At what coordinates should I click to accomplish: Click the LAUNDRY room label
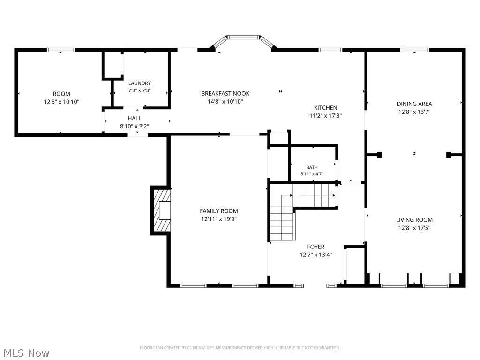tap(139, 83)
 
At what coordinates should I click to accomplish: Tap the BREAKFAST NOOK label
tap(225, 93)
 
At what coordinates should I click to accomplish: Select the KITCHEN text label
tap(325, 108)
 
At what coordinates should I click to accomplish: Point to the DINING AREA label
tap(414, 104)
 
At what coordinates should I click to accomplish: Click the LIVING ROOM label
tap(414, 220)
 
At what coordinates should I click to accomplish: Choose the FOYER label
tap(315, 247)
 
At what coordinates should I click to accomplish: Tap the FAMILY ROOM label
tap(218, 211)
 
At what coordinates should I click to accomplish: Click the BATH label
tap(312, 167)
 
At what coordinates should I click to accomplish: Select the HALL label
tap(135, 118)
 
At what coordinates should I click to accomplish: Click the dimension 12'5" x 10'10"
tap(61, 102)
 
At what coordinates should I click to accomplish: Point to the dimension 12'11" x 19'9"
tap(218, 219)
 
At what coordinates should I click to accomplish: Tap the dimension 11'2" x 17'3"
tap(325, 116)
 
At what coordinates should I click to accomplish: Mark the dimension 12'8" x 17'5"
tap(414, 228)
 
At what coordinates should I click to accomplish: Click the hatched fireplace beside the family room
tap(161, 210)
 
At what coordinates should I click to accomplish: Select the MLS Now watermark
tap(27, 353)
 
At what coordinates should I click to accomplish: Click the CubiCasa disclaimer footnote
tap(240, 348)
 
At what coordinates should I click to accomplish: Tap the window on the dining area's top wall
tap(414, 50)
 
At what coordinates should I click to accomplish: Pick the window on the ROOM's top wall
tap(60, 50)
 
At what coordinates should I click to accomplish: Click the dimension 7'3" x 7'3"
tap(139, 90)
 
